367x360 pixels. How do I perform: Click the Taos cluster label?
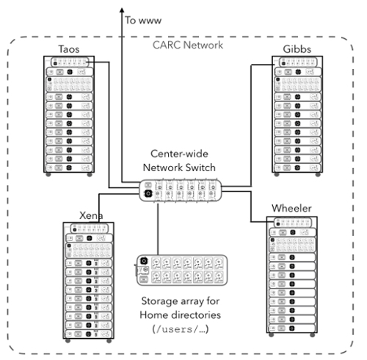pos(69,49)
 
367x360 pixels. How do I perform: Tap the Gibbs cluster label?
pos(297,49)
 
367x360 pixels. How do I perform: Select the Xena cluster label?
pos(91,215)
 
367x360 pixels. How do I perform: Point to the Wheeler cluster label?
pos(291,208)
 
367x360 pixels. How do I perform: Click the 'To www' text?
pos(143,21)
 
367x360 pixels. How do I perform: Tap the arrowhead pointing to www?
pos(122,10)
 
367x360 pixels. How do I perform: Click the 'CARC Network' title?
pos(188,45)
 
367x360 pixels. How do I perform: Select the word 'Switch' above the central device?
pos(200,168)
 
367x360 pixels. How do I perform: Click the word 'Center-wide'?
pos(179,154)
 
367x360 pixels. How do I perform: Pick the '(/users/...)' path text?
pos(181,329)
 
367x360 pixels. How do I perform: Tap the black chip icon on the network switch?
pos(148,193)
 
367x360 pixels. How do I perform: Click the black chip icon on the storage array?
pos(144,261)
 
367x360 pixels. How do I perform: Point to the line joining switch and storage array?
pos(158,228)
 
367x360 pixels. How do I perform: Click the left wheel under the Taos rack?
pos(48,175)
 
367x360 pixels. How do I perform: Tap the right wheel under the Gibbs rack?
pos(318,175)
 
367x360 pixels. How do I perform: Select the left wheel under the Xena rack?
pos(68,341)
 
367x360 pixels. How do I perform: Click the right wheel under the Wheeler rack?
pos(313,335)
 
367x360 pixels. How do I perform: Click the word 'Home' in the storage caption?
pos(152,315)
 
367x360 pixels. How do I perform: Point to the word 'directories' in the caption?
pos(194,315)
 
